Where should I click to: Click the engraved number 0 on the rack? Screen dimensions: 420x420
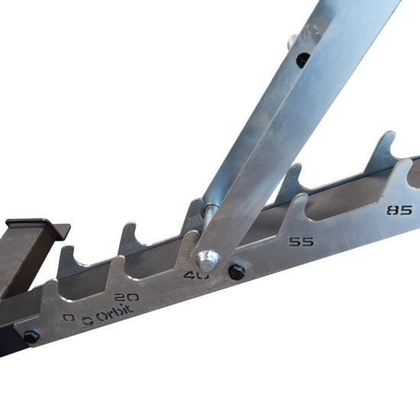(x=69, y=317)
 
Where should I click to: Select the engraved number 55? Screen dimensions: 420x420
(x=302, y=242)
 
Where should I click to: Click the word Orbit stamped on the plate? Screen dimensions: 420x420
(x=114, y=312)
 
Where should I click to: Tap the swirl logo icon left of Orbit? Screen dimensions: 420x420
(x=86, y=321)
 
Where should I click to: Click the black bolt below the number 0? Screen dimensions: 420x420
(x=31, y=336)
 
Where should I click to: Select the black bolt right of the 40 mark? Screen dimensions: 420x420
(x=237, y=271)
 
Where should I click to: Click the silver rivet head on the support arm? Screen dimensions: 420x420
(x=204, y=257)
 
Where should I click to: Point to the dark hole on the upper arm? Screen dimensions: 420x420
(x=303, y=58)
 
